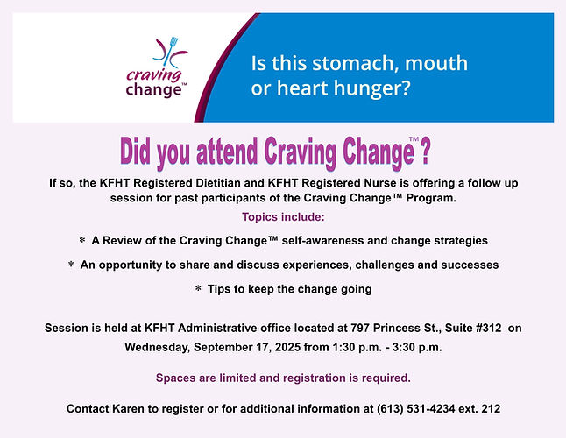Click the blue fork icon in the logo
point(170,51)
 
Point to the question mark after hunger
point(406,88)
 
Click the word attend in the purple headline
point(227,152)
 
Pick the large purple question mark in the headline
point(426,152)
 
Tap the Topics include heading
point(283,217)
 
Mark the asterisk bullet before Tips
point(198,288)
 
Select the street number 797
point(360,328)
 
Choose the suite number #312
point(489,328)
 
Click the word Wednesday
point(158,348)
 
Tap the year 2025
point(287,347)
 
